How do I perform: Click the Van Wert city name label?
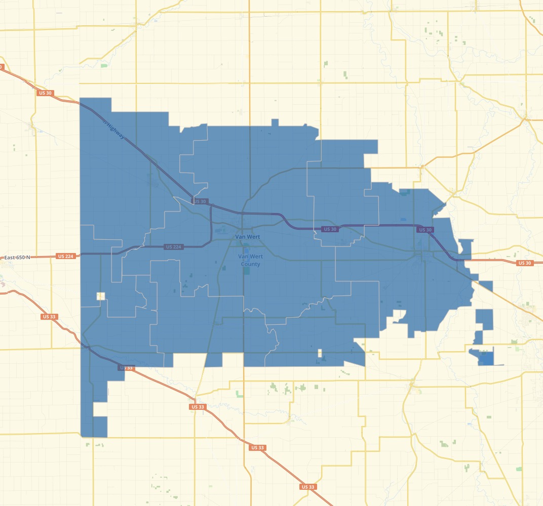click(x=247, y=237)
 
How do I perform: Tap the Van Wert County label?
click(x=250, y=260)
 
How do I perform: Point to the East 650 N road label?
click(x=17, y=258)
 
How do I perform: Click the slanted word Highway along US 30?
click(x=114, y=130)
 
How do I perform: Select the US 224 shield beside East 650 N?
click(x=65, y=257)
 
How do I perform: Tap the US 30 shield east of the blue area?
click(x=524, y=263)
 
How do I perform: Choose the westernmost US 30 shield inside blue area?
click(x=200, y=201)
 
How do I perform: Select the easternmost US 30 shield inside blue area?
click(x=424, y=230)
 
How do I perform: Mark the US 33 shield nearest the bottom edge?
click(x=307, y=487)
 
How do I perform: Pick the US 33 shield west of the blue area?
click(x=49, y=317)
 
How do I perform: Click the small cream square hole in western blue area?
click(x=100, y=296)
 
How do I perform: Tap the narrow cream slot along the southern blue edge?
click(x=320, y=353)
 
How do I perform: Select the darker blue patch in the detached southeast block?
click(x=485, y=358)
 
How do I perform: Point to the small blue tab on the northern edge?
click(x=275, y=122)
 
